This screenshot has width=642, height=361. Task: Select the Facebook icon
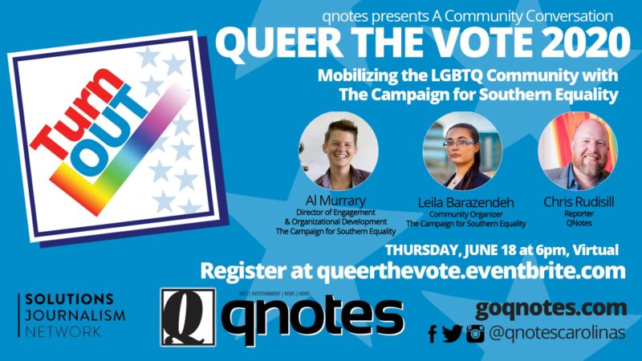[x=433, y=334]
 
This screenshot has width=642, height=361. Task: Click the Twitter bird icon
[x=453, y=334]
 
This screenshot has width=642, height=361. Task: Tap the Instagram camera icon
[x=475, y=334]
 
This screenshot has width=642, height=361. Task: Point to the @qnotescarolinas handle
[x=558, y=333]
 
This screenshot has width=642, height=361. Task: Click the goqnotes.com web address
[x=551, y=309]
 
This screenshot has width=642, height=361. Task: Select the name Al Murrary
[x=335, y=201]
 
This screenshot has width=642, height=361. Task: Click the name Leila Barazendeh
[x=465, y=202]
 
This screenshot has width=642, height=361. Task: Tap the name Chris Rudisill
[x=579, y=202]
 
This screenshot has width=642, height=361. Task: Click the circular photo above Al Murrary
[x=338, y=150]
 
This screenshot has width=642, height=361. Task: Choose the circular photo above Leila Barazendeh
[x=462, y=150]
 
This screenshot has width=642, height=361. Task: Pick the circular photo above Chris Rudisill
[x=578, y=150]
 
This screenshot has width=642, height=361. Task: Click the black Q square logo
[x=188, y=317]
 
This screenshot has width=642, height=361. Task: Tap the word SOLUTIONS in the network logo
[x=69, y=299]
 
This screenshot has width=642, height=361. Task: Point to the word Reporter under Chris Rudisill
[x=579, y=213]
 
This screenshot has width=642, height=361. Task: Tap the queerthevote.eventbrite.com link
[x=471, y=271]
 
